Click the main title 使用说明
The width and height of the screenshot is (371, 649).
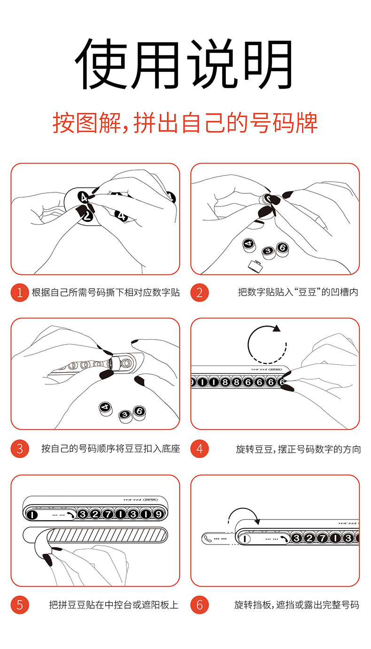click(184, 63)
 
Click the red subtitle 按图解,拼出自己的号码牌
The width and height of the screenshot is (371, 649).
click(185, 123)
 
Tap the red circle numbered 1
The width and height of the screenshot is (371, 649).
click(20, 292)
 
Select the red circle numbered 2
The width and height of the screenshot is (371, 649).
click(200, 292)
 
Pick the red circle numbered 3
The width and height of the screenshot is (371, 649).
click(20, 449)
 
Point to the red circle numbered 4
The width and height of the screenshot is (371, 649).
click(200, 449)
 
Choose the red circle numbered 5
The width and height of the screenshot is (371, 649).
click(20, 605)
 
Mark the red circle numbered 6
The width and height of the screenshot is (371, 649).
click(200, 605)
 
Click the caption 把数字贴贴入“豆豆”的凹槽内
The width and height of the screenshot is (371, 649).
click(298, 292)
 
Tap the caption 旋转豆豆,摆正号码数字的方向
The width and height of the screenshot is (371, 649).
click(298, 449)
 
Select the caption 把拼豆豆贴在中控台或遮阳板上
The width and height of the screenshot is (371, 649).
click(114, 605)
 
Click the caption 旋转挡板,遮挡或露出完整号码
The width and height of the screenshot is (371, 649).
click(297, 605)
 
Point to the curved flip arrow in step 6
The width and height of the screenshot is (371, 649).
click(243, 509)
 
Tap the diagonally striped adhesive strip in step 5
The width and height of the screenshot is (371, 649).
click(107, 535)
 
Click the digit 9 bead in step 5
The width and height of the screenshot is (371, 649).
click(158, 514)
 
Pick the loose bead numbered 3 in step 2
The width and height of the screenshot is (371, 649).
click(269, 252)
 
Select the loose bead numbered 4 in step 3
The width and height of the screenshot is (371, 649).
click(106, 408)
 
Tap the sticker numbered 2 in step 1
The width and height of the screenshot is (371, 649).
click(87, 216)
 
